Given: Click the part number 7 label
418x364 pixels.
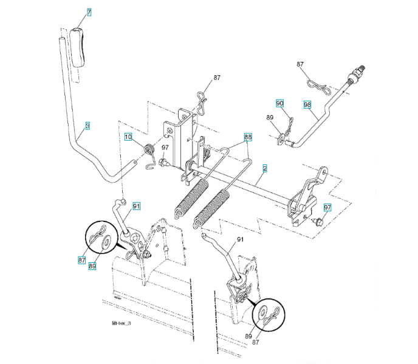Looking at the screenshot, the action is click(89, 12).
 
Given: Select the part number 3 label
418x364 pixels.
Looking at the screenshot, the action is click(87, 126).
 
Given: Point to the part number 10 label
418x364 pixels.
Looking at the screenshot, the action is click(129, 137).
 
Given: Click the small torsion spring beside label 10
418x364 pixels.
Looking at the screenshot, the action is click(148, 150).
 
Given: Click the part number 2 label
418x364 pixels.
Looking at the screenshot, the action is click(264, 167).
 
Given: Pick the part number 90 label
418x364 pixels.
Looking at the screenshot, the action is click(279, 104).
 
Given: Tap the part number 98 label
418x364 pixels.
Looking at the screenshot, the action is click(307, 104).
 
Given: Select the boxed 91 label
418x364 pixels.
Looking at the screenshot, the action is click(137, 206).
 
